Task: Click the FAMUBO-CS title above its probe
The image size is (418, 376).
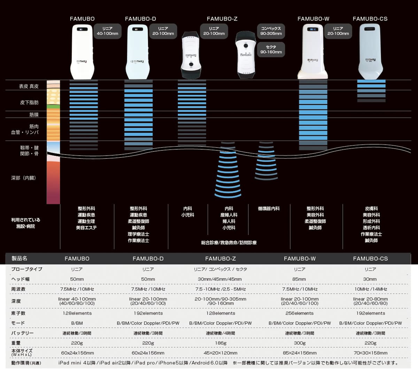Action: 370,19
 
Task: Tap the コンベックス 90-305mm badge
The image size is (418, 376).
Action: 271,31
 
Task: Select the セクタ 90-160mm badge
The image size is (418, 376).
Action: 271,49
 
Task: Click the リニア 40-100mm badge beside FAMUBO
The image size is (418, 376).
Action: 107,31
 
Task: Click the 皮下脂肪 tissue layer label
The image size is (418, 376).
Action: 29,102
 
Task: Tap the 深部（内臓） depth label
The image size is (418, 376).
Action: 23,178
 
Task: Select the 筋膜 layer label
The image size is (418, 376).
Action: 34,115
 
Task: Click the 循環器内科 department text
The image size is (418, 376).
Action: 269,209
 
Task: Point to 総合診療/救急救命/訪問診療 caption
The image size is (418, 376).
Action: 229,243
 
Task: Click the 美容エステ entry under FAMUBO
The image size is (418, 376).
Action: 86,228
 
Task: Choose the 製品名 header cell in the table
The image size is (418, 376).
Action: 20,258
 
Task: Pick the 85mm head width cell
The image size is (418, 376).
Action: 299,279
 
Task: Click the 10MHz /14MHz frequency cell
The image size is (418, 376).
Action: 370,289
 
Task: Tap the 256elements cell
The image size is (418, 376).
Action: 300,313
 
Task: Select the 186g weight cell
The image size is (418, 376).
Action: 220,343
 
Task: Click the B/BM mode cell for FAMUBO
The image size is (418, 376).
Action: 77,323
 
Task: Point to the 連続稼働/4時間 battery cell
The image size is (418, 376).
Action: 220,333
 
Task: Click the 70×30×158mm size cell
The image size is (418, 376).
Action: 370,353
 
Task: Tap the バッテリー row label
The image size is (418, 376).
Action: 22,333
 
